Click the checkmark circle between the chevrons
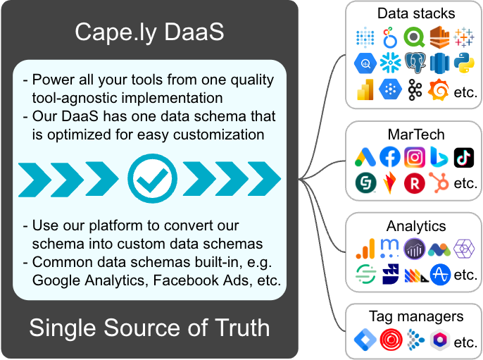153,178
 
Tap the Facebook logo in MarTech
390,157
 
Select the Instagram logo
415,157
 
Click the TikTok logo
464,158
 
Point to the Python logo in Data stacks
464,63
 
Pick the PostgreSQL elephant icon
415,63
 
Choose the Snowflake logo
390,63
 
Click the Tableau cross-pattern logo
463,37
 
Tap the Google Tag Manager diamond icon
365,340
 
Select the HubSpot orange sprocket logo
439,182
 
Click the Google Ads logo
365,157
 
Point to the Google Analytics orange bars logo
365,249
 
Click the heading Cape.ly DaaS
149,32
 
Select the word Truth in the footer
242,328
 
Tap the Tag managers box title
416,316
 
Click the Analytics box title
416,226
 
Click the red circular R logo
415,183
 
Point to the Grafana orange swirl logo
439,89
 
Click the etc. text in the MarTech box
465,183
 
